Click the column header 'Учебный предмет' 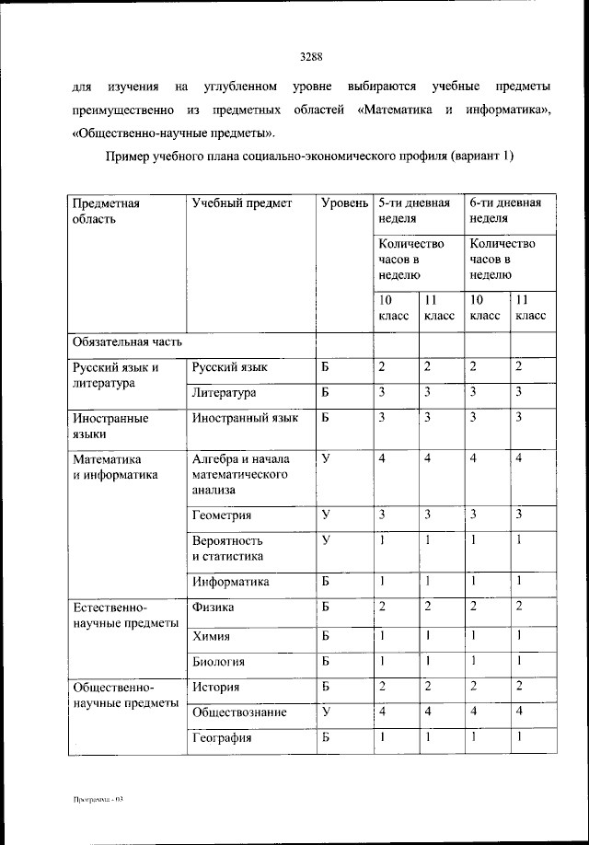[x=241, y=203]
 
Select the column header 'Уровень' [x=344, y=203]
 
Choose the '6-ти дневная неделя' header [x=505, y=211]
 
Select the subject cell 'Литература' [x=224, y=393]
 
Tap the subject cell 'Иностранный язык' [x=245, y=418]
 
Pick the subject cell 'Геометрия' [x=222, y=515]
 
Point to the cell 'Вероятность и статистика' [x=228, y=549]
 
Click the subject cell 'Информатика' [x=230, y=582]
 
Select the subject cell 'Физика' [x=213, y=608]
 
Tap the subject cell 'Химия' [x=211, y=636]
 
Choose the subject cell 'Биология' [x=218, y=662]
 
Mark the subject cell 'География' [x=222, y=738]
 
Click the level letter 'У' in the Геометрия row [x=326, y=514]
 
